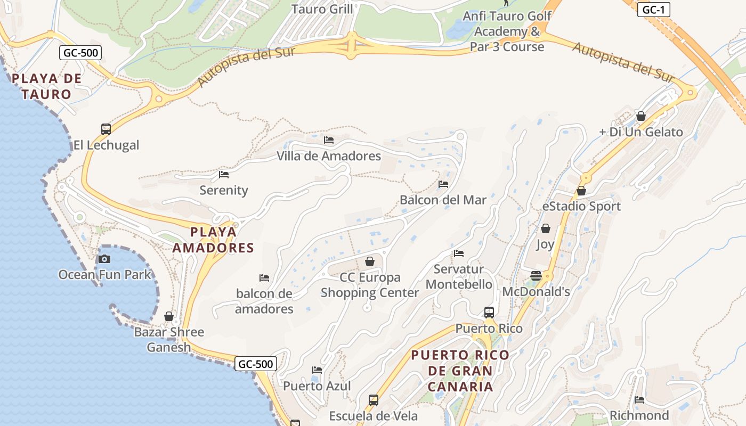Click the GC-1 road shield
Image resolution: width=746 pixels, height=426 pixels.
[x=653, y=10]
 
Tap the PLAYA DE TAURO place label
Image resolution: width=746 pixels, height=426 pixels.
[x=47, y=86]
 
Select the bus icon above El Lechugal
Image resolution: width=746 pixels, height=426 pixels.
[x=106, y=129]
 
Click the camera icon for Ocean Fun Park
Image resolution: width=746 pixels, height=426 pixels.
[x=104, y=259]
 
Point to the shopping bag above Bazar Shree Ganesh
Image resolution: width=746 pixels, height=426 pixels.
[x=169, y=316]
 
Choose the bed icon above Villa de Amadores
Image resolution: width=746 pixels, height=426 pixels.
[x=329, y=140]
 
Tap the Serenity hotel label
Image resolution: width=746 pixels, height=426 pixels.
[x=224, y=190]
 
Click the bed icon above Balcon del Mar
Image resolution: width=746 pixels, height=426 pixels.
[x=443, y=184]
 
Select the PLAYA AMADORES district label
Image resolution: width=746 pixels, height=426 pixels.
[x=213, y=240]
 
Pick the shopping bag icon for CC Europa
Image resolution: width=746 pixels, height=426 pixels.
[x=369, y=261]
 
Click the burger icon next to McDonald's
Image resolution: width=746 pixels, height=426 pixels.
[x=536, y=276]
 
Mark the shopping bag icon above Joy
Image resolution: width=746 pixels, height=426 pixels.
[x=546, y=228]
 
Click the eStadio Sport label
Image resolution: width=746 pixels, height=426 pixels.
[x=581, y=206]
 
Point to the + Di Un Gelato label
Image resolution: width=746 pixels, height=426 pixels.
[x=641, y=132]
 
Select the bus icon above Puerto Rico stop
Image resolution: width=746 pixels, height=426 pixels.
[x=489, y=313]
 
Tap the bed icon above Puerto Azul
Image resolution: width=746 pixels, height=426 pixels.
[x=317, y=370]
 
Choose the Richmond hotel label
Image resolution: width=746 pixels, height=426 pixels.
[x=639, y=415]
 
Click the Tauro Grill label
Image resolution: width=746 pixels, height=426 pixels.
[x=322, y=9]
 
